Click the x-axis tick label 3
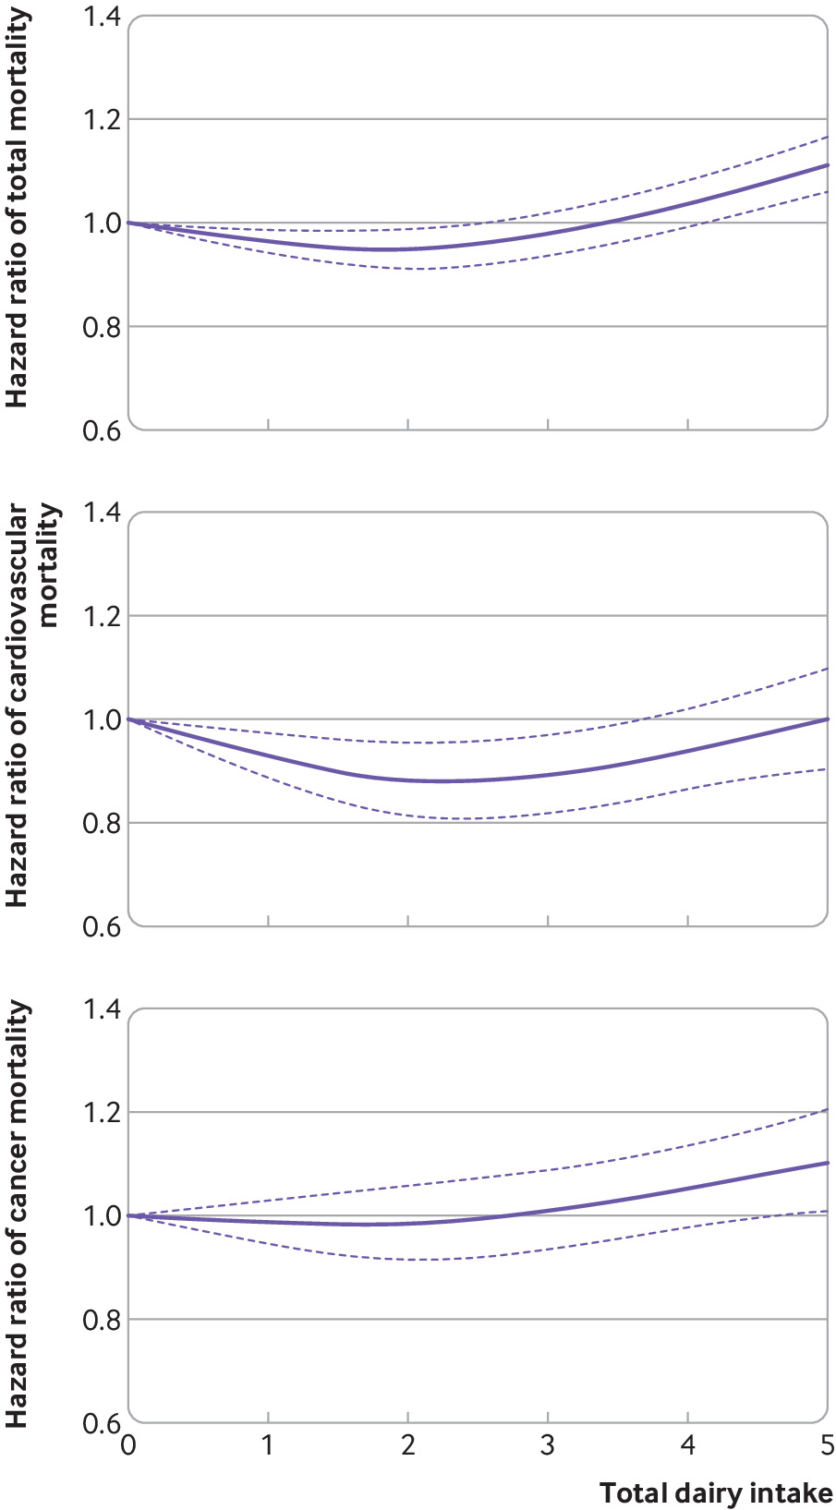tap(548, 1445)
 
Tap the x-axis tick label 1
tap(268, 1445)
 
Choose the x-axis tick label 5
tap(827, 1445)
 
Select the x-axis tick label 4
tap(687, 1445)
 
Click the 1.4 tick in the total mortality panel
tap(102, 17)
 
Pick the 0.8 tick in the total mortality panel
tap(102, 327)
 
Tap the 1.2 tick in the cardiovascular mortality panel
tap(102, 616)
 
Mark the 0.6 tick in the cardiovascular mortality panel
tap(102, 926)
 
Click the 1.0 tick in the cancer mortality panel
tap(102, 1215)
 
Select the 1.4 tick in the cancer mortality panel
tap(102, 1009)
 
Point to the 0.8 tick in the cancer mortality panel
tap(102, 1319)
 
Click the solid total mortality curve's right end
tap(827, 165)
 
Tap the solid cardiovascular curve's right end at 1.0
tap(827, 719)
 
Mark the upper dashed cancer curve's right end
tap(827, 1109)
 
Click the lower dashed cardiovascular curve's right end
tap(827, 768)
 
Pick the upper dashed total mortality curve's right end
tap(827, 137)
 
